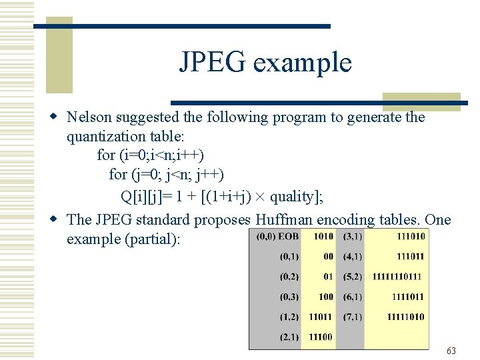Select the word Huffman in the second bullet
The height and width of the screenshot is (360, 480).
[286, 219]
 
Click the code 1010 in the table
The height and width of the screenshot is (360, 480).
[322, 237]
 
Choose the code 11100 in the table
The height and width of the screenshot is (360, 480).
[321, 337]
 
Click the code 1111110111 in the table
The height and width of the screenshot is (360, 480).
[398, 277]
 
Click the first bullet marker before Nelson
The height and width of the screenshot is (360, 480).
[58, 117]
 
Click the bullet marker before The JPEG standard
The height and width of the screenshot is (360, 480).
[58, 219]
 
